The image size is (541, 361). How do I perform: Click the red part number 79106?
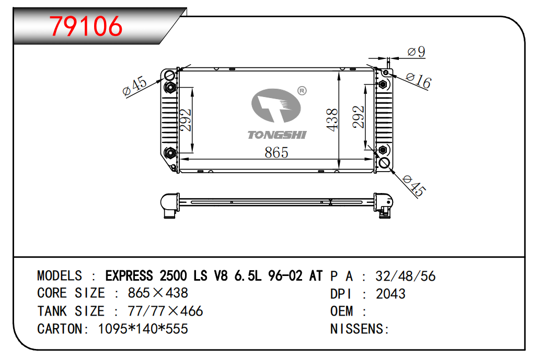click(x=86, y=27)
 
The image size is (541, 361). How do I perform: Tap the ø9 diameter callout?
click(x=416, y=52)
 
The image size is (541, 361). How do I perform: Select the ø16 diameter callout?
click(x=419, y=81)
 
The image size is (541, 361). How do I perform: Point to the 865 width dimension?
click(x=277, y=152)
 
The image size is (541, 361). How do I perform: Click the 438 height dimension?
click(x=332, y=119)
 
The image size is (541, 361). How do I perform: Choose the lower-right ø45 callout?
click(x=415, y=186)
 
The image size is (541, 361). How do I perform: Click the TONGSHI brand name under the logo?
click(x=277, y=135)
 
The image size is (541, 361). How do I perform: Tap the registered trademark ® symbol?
click(x=302, y=91)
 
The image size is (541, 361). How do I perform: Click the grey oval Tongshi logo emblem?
click(x=276, y=106)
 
